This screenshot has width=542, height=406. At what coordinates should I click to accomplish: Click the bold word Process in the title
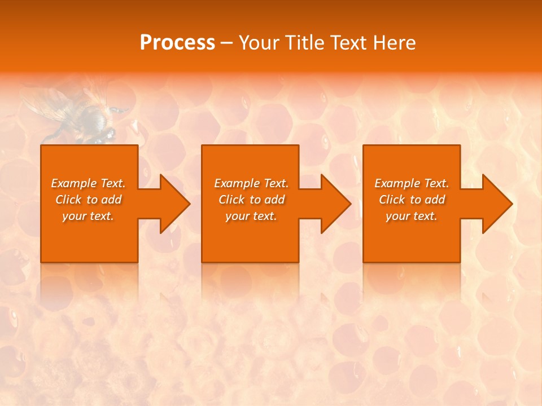pos(177,43)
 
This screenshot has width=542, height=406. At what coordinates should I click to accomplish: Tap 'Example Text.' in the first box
pos(88,183)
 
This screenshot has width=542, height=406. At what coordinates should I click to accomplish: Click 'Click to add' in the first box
pos(88,200)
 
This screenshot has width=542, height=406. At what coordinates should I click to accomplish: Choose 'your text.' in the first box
pos(88,216)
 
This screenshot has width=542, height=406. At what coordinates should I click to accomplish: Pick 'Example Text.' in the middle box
pos(251,183)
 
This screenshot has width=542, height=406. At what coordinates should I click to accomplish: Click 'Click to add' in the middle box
pos(251,200)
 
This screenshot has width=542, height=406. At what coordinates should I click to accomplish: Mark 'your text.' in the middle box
pos(251,216)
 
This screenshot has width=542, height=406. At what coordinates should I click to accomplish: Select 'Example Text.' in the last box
pos(412,183)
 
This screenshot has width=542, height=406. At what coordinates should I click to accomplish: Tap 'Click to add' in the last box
pos(412,200)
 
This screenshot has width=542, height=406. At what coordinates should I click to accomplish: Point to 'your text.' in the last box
pos(412,216)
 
